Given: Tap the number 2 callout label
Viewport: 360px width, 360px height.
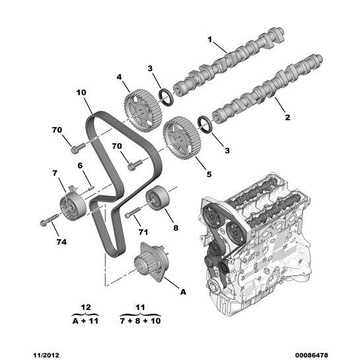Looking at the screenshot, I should (287, 118).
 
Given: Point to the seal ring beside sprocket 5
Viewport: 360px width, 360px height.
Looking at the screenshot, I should (205, 124).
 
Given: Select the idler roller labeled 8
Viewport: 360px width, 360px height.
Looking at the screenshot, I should (158, 198).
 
